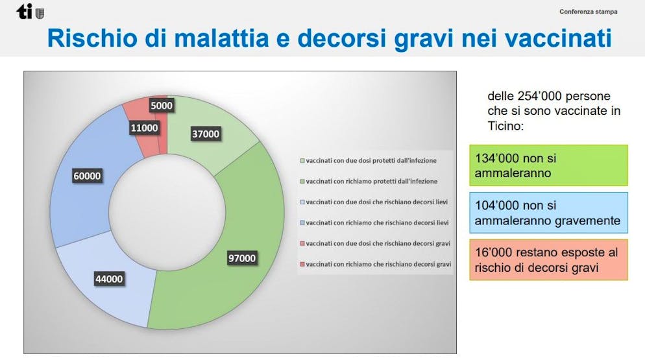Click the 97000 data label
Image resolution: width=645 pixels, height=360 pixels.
(242, 258)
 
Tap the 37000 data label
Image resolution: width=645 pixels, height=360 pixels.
(206, 134)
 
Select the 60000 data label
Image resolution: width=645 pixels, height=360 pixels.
(87, 176)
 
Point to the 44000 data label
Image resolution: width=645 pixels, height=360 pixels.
(109, 279)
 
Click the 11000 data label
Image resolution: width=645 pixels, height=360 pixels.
(144, 128)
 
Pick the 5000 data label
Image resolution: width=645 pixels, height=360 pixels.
(161, 106)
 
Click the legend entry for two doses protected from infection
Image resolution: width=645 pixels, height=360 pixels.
(368, 160)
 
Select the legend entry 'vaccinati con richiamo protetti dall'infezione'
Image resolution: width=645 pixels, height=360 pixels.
(369, 181)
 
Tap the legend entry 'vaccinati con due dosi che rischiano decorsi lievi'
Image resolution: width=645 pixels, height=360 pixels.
(374, 202)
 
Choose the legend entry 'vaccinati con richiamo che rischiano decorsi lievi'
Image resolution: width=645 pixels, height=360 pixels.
(374, 222)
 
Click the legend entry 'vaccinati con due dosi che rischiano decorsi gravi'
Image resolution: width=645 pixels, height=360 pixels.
(375, 243)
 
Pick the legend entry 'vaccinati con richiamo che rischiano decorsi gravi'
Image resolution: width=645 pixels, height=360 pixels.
(375, 264)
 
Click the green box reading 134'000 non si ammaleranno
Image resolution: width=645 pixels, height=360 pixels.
(549, 165)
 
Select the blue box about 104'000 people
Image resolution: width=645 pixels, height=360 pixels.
(549, 213)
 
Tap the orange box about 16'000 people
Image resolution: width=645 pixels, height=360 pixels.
(549, 259)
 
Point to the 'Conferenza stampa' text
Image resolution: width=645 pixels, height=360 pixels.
(589, 12)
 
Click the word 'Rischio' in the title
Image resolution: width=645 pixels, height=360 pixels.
(92, 38)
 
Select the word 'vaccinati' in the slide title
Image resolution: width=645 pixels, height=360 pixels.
(558, 38)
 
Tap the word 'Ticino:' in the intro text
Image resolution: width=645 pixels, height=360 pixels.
(505, 126)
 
